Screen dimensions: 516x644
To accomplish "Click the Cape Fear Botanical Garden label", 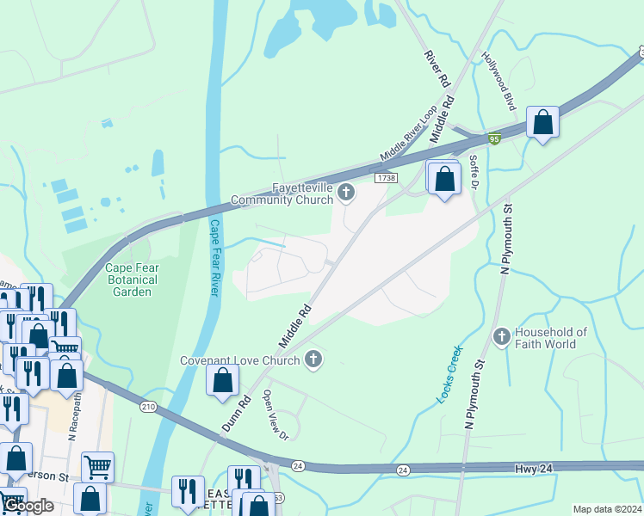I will pyautogui.click(x=132, y=279).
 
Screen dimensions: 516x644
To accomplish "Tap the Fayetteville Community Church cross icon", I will pyautogui.click(x=346, y=191).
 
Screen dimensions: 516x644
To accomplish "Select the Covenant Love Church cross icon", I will pyautogui.click(x=314, y=359).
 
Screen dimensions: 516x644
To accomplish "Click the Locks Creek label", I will pyautogui.click(x=449, y=374).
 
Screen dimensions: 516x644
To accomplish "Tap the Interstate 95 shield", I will pyautogui.click(x=493, y=139).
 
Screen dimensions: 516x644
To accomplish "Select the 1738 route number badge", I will pyautogui.click(x=386, y=177).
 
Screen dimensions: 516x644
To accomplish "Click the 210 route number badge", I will pyautogui.click(x=146, y=405).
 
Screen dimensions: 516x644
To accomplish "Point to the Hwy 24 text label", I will pyautogui.click(x=531, y=469).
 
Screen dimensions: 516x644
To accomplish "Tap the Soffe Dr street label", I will pyautogui.click(x=474, y=173).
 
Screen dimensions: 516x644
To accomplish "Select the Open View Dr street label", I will pyautogui.click(x=276, y=415).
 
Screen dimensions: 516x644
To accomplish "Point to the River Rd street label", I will pyautogui.click(x=437, y=68).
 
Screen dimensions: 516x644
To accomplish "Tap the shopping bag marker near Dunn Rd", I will pyautogui.click(x=223, y=380).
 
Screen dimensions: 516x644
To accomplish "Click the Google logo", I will pyautogui.click(x=28, y=506).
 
